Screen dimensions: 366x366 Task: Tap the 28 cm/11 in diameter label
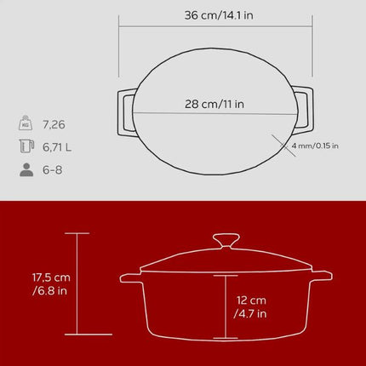coord(212,105)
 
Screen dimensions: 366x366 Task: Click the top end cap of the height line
coord(77,233)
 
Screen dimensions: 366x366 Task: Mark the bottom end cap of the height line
coord(77,335)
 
